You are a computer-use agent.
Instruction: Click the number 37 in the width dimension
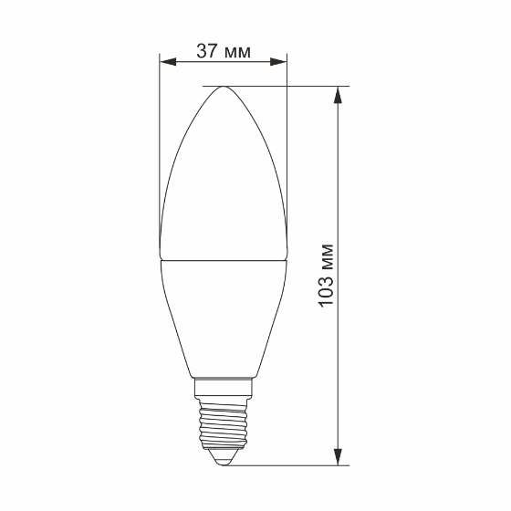click(x=207, y=51)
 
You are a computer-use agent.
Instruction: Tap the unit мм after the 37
click(x=236, y=51)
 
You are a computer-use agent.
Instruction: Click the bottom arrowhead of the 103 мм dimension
click(x=339, y=458)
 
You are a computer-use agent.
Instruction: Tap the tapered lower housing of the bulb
click(x=224, y=319)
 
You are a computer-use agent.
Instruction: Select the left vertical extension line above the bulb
click(x=159, y=137)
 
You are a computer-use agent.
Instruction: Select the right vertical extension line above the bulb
click(x=287, y=137)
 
